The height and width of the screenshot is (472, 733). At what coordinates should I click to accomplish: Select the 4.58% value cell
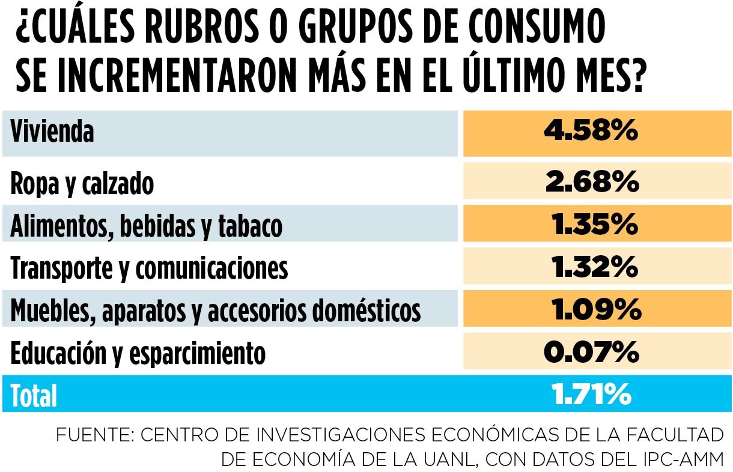pyautogui.click(x=591, y=132)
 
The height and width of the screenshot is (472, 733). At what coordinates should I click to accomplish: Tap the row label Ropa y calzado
pyautogui.click(x=82, y=184)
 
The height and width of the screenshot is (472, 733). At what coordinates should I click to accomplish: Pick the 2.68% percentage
pyautogui.click(x=591, y=182)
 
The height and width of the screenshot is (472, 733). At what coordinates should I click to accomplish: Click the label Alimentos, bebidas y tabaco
pyautogui.click(x=146, y=226)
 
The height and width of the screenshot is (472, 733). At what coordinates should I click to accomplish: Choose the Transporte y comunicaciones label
pyautogui.click(x=149, y=268)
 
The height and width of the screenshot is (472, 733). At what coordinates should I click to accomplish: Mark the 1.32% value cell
pyautogui.click(x=594, y=267)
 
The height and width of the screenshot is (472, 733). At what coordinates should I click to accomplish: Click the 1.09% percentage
pyautogui.click(x=595, y=310)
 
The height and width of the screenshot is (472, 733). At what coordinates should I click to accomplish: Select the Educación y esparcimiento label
pyautogui.click(x=138, y=353)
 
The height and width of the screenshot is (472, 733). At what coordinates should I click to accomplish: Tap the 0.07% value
pyautogui.click(x=591, y=352)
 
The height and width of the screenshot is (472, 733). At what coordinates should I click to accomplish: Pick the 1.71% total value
pyautogui.click(x=591, y=395)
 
